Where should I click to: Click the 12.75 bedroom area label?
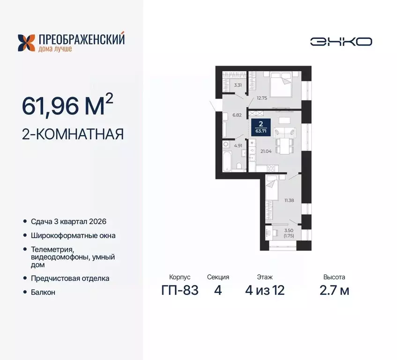pos(262,98)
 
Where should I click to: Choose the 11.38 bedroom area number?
pos(289,200)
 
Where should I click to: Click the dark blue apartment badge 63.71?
pos(261,127)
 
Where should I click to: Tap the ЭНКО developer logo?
pos(341,41)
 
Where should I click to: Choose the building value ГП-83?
pos(179,291)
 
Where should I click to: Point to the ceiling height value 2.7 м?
pos(334,291)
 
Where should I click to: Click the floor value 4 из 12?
pos(265,291)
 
